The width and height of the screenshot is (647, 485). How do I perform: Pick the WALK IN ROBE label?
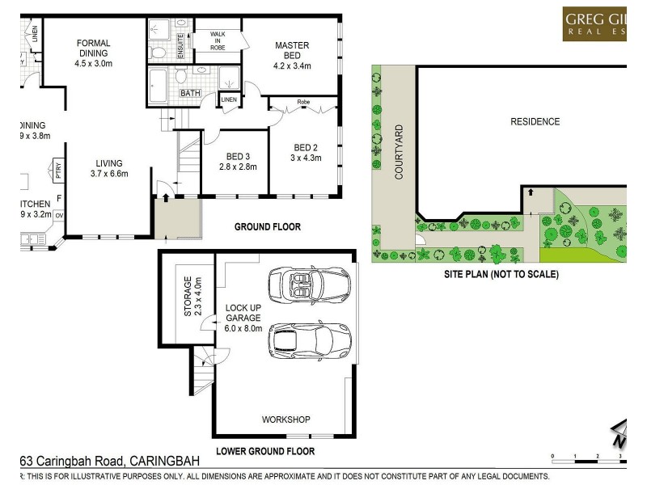[x=218, y=40]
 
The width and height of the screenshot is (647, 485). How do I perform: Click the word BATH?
[x=190, y=93]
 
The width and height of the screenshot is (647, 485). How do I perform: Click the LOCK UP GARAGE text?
[x=243, y=318]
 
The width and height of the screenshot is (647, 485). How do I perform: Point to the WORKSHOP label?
[x=285, y=420]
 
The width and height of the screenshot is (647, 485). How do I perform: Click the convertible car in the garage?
[x=307, y=285]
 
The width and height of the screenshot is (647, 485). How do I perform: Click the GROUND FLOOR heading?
[x=267, y=227]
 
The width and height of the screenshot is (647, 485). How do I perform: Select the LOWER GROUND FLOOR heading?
[x=265, y=451]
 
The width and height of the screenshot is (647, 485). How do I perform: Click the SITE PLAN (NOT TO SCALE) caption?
[x=501, y=274]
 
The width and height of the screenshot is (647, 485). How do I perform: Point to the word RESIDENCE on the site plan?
[x=535, y=122]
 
